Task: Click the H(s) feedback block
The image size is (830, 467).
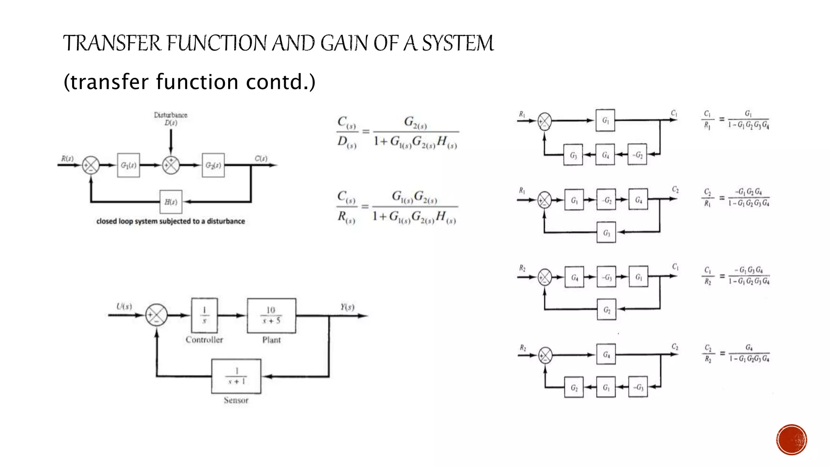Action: (171, 201)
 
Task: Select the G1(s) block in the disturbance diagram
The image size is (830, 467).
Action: (128, 165)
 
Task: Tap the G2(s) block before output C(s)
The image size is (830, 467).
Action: (213, 165)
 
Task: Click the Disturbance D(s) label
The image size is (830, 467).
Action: (171, 119)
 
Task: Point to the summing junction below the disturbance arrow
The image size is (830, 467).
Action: (171, 165)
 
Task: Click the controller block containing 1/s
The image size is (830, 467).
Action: (204, 315)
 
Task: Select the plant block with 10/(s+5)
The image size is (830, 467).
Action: (271, 315)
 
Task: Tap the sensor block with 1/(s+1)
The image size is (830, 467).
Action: (236, 376)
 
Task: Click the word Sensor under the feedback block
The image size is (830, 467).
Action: (236, 401)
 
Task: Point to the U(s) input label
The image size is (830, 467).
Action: (124, 306)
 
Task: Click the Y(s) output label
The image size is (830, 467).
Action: (347, 307)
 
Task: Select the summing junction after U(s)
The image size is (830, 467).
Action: (156, 315)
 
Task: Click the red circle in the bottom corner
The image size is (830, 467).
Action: (791, 439)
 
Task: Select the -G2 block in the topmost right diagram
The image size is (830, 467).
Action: (637, 154)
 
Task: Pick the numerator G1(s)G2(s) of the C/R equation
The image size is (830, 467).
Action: (414, 197)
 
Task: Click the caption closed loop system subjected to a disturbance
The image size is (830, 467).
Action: (171, 221)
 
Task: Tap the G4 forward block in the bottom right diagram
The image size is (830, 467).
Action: (606, 355)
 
